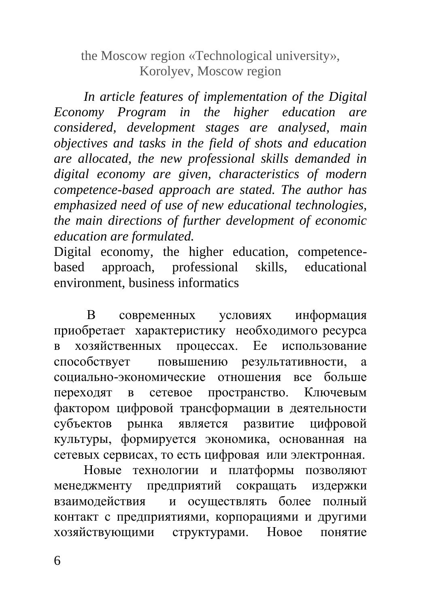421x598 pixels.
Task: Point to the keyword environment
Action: click(88, 283)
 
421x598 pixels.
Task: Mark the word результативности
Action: click(293, 362)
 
